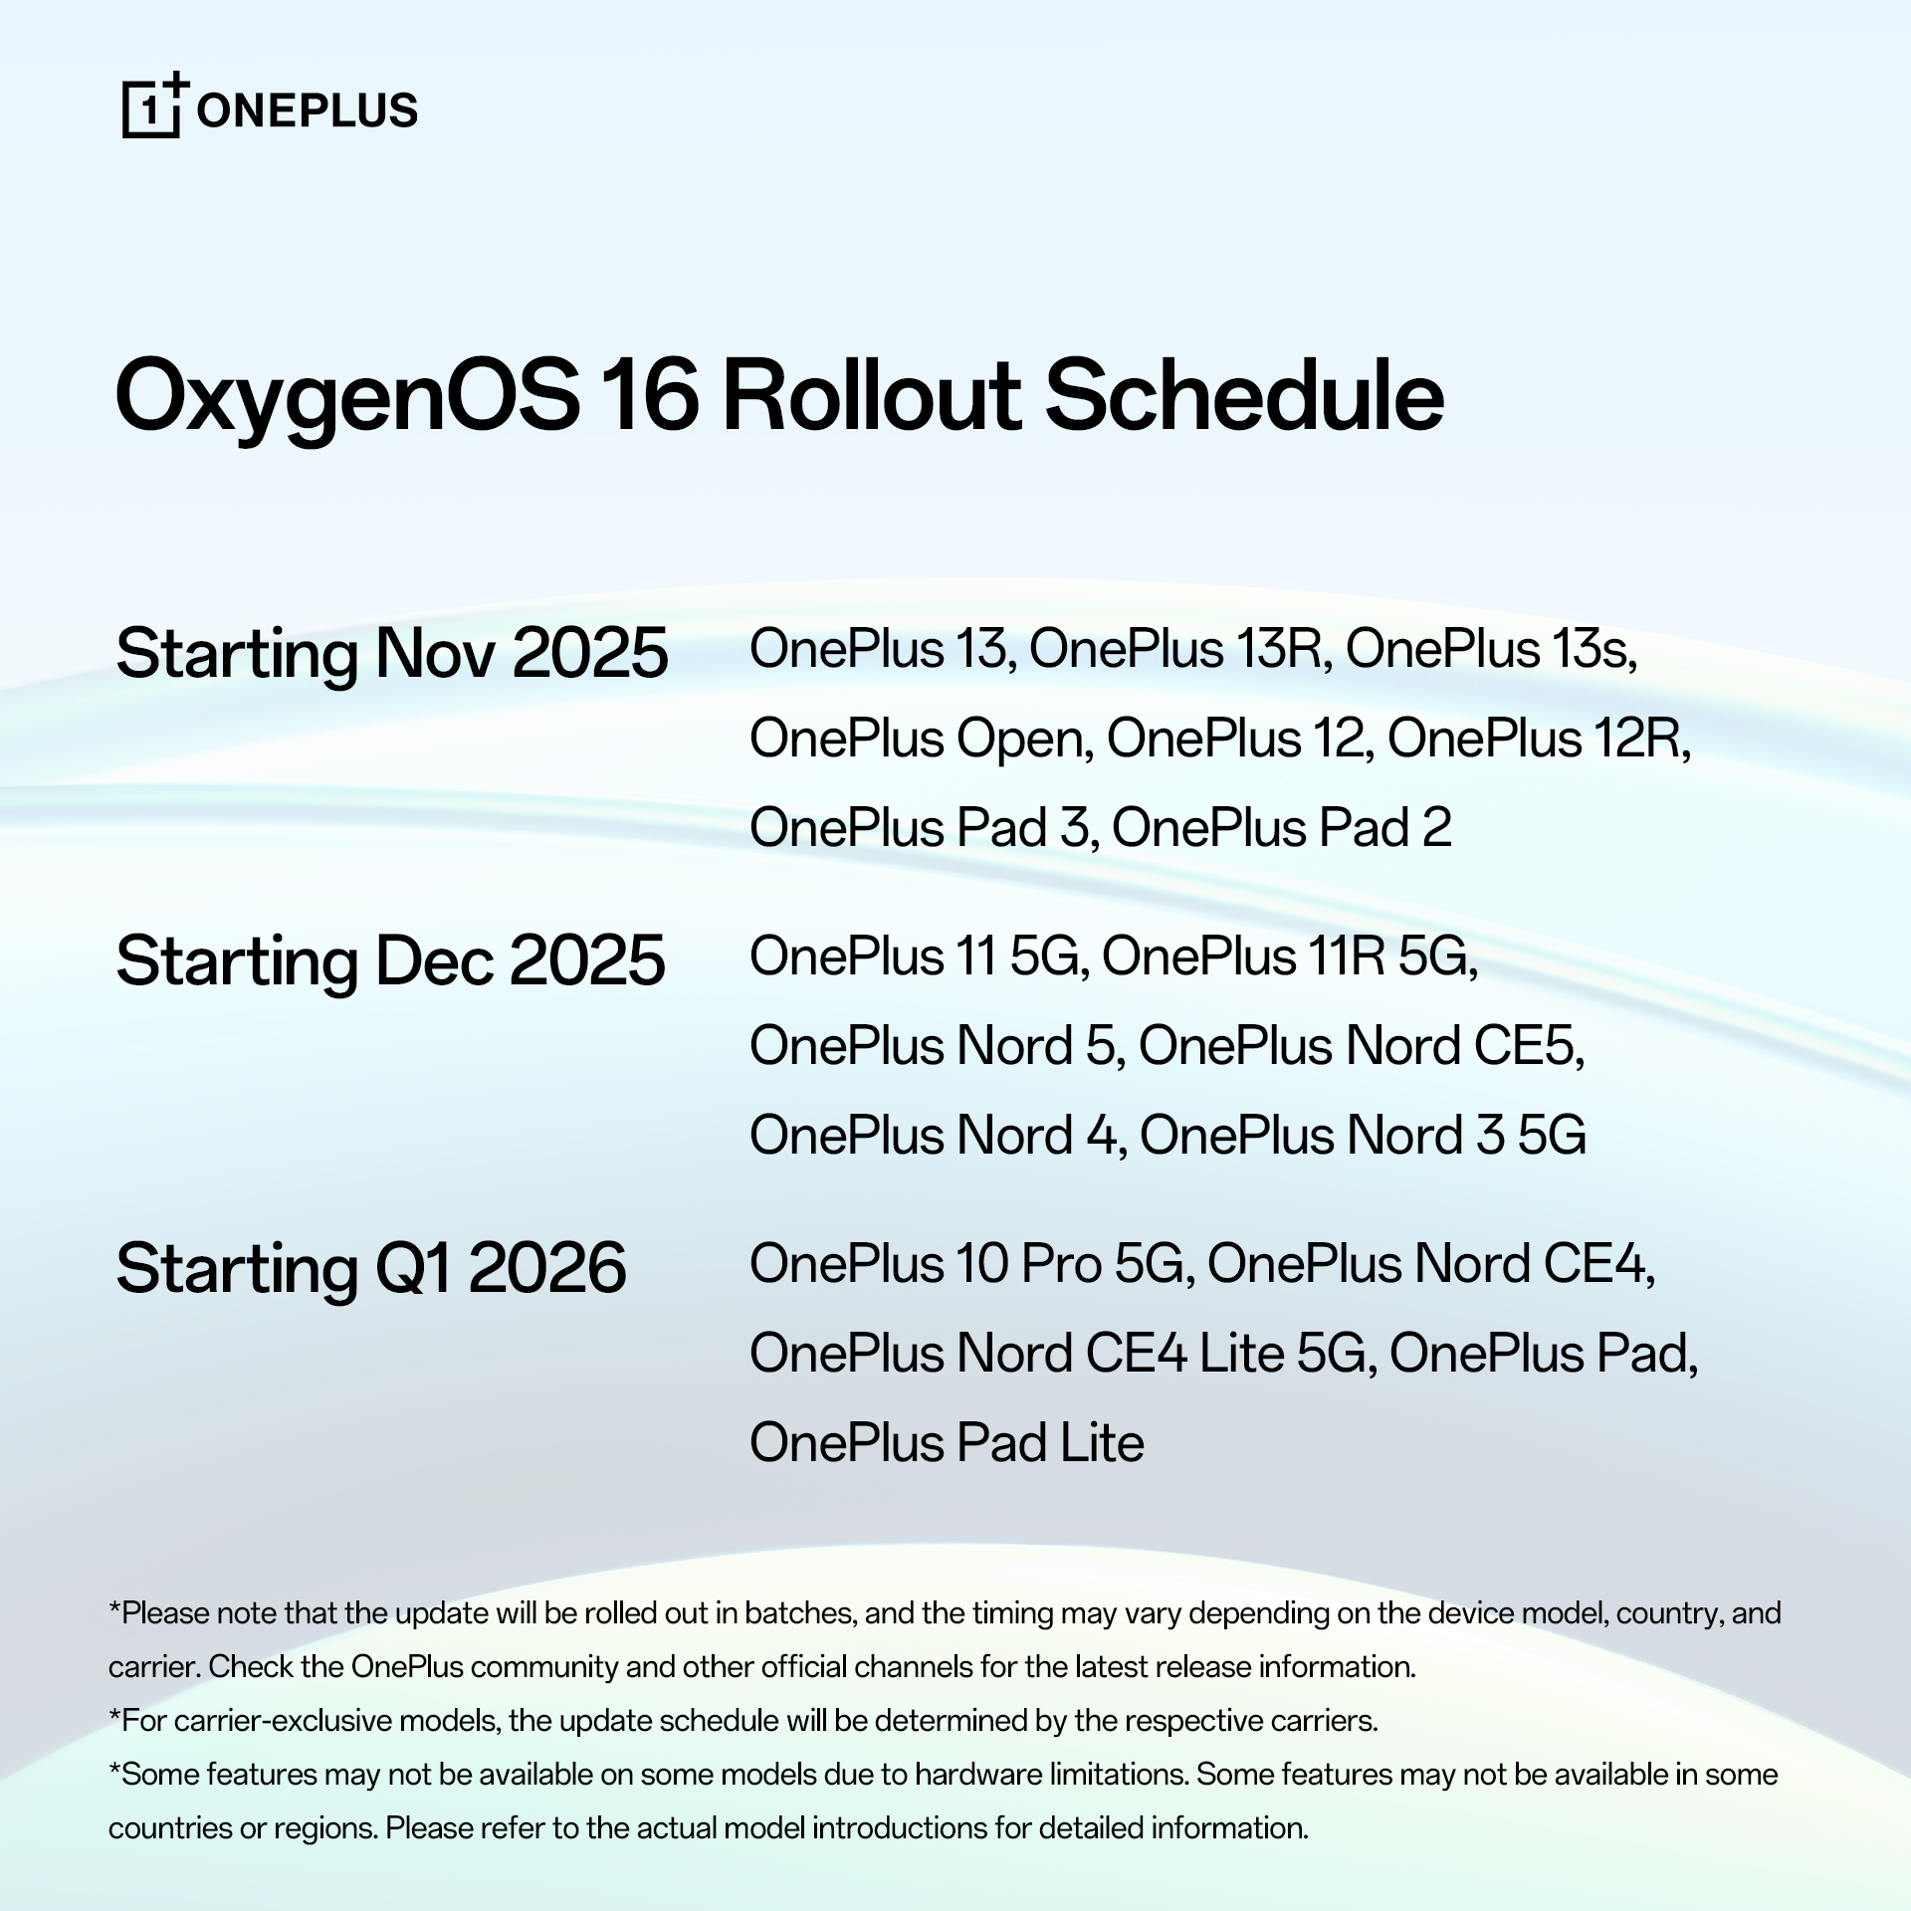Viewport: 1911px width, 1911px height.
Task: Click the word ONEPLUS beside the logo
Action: [308, 110]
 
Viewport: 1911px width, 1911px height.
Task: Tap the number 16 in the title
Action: [649, 395]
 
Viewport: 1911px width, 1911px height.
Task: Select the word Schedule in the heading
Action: [1245, 395]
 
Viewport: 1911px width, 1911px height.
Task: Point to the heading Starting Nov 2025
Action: [392, 655]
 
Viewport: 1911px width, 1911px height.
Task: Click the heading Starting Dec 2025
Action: [390, 962]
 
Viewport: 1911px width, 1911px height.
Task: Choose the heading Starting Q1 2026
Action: [371, 1269]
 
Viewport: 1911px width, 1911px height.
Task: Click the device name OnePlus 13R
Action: [1176, 649]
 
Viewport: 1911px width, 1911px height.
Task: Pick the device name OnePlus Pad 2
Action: [1281, 828]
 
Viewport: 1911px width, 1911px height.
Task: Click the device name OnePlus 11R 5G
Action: [1284, 956]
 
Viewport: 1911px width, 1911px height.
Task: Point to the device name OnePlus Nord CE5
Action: [1355, 1046]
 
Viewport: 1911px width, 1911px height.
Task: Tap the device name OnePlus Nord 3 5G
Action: [1363, 1136]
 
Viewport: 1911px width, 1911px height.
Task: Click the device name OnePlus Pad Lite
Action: [947, 1443]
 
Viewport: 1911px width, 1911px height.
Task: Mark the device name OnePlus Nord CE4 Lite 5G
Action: [1057, 1354]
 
